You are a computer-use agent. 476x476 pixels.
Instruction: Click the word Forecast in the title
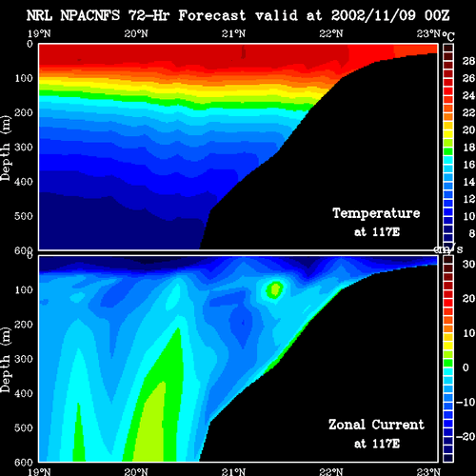tap(212, 15)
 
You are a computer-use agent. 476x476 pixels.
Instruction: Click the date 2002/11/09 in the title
tap(373, 15)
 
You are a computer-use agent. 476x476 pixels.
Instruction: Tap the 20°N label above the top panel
tap(136, 33)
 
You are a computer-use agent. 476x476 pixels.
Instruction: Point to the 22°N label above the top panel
tap(331, 33)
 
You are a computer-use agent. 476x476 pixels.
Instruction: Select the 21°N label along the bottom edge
tap(233, 471)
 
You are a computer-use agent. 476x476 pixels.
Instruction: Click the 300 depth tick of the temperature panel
tap(24, 147)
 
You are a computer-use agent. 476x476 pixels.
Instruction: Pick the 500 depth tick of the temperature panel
tap(24, 216)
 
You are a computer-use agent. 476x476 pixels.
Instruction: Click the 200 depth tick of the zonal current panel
tap(24, 325)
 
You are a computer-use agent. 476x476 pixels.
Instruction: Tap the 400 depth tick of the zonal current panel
tap(24, 393)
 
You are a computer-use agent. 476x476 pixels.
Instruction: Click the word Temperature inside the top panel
tap(376, 213)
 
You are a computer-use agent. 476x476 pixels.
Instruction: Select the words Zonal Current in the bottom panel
tap(376, 425)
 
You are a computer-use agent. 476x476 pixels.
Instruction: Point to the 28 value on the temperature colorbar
tap(468, 61)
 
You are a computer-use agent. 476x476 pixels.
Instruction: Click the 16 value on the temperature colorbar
tap(468, 165)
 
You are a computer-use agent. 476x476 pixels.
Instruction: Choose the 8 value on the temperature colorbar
tap(471, 233)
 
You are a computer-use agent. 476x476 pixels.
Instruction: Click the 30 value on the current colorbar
tap(468, 264)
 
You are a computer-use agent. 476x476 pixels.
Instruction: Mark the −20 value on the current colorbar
tap(466, 437)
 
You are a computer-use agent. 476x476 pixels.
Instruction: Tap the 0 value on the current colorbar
tap(466, 367)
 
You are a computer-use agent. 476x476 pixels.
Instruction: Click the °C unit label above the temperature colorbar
tap(448, 36)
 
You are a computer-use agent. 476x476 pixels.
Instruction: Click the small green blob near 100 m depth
tap(274, 290)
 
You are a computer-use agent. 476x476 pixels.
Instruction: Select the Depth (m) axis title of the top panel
tap(6, 149)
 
